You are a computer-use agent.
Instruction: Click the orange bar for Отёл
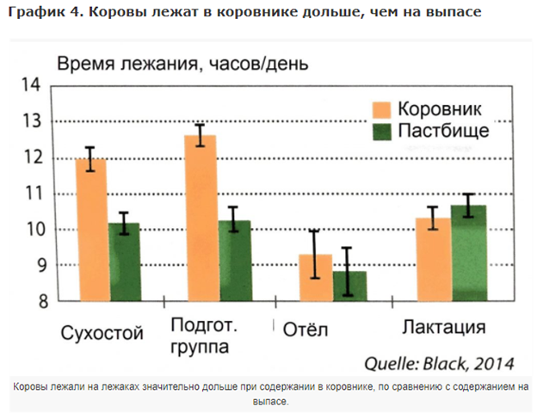pos(314,277)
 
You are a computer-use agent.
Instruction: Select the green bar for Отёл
pos(349,286)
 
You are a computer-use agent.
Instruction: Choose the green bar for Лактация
pos(469,253)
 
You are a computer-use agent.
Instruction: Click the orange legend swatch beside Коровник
pos(382,109)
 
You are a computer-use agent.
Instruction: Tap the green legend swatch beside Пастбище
pos(382,131)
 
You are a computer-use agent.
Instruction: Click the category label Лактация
pos(445,328)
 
